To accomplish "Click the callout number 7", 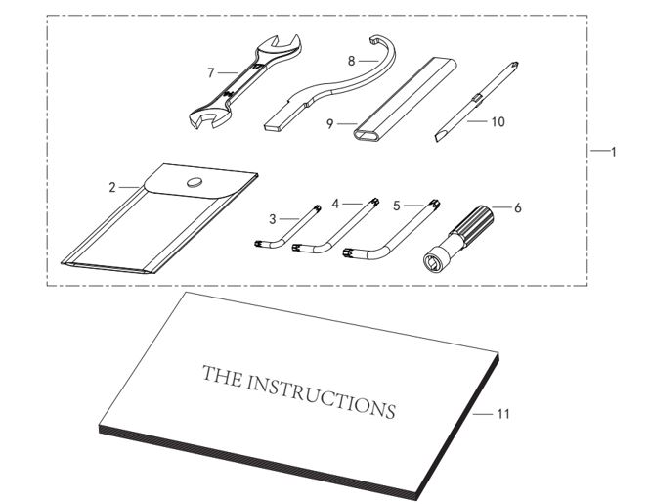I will coord(210,71).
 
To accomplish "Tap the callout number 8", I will coord(349,60).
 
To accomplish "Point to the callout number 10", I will coord(498,122).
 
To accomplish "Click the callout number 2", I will coord(112,185).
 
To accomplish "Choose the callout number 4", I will coord(334,204).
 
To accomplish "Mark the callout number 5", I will coord(397,206).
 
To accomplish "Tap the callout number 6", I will coord(518,207).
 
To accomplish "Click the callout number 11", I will coord(503,414).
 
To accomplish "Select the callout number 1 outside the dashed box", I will coord(613,152).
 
